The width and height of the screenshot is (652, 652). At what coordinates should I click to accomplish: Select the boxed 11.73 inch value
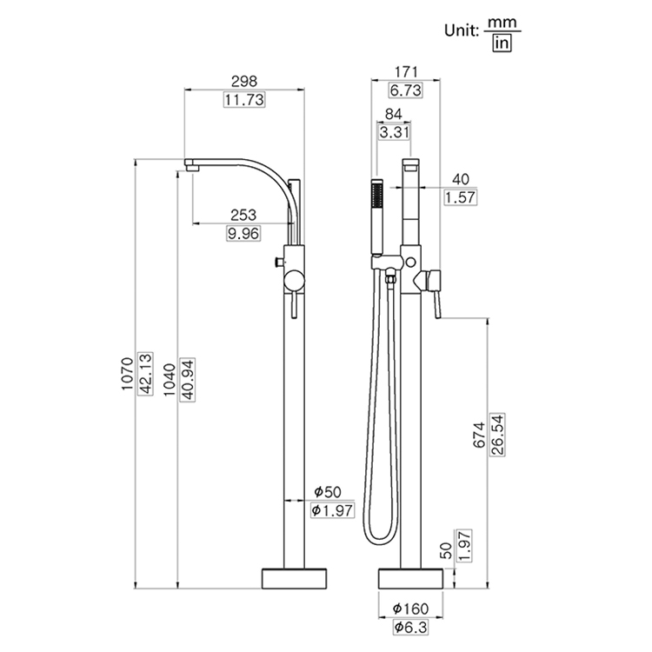[244, 99]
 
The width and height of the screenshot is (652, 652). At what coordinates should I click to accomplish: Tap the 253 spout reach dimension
[243, 215]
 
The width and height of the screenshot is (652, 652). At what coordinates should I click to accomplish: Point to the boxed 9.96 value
[243, 233]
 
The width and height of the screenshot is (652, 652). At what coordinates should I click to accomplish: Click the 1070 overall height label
[127, 373]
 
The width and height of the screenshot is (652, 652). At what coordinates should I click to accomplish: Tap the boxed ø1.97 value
[331, 510]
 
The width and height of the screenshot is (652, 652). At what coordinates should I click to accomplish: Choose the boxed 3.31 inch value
[392, 132]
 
